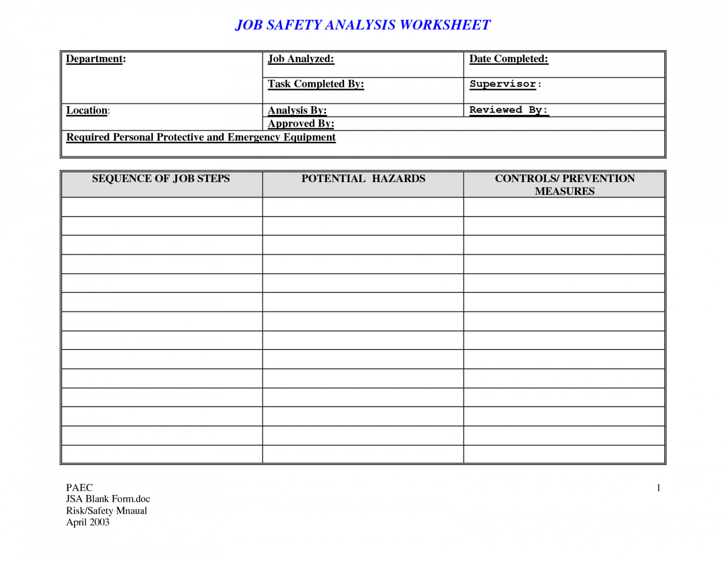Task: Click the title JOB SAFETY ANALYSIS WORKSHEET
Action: pyautogui.click(x=363, y=25)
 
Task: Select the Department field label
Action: pyautogui.click(x=96, y=59)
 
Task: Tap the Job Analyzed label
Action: pyautogui.click(x=301, y=59)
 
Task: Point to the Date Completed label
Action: pyautogui.click(x=509, y=59)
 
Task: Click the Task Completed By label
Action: pyautogui.click(x=316, y=84)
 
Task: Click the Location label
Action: pyautogui.click(x=88, y=110)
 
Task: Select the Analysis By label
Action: pyautogui.click(x=297, y=110)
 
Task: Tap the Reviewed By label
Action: pyautogui.click(x=509, y=110)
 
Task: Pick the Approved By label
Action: pyautogui.click(x=301, y=123)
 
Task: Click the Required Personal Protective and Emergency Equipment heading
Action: pyautogui.click(x=201, y=137)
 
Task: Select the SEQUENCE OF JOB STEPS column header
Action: pyautogui.click(x=161, y=179)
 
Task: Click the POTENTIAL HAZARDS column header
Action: pyautogui.click(x=363, y=179)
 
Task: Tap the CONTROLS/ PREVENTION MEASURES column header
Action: pyautogui.click(x=564, y=185)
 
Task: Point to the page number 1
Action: pyautogui.click(x=658, y=488)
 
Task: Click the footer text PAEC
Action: pyautogui.click(x=79, y=488)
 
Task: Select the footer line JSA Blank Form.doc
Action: pyautogui.click(x=108, y=499)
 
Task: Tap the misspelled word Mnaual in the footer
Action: pyautogui.click(x=131, y=511)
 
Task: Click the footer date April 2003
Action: pyautogui.click(x=88, y=522)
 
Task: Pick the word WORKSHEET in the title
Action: pyautogui.click(x=445, y=25)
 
